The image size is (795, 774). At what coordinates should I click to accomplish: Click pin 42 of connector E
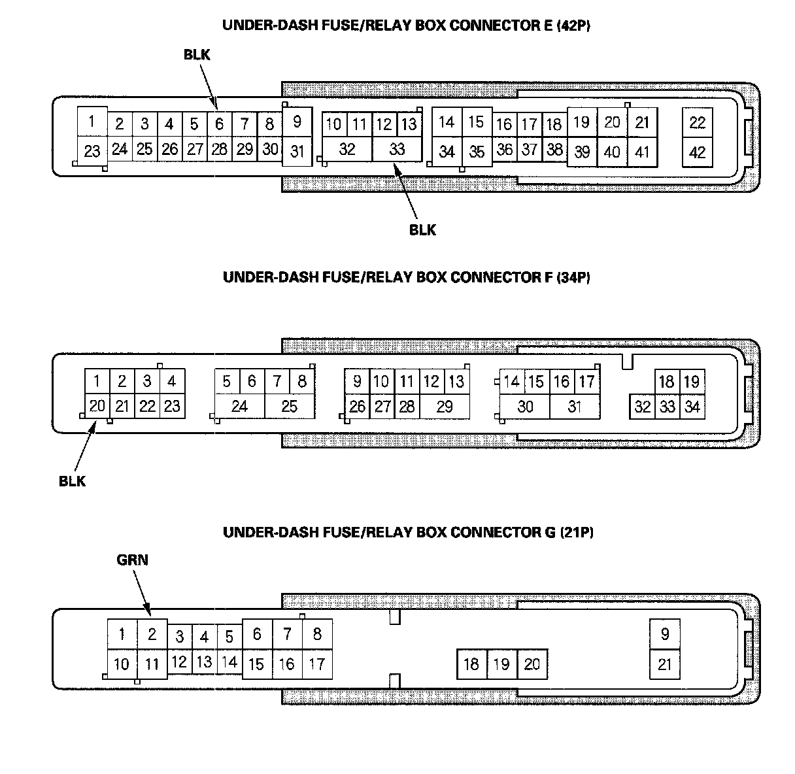698,152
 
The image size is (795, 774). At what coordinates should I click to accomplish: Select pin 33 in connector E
397,149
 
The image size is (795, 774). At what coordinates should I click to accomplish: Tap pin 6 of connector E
220,124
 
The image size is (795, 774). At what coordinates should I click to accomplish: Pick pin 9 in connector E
297,122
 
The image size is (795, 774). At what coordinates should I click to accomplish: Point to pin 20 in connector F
97,406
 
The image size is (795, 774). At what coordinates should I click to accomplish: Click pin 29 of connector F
445,407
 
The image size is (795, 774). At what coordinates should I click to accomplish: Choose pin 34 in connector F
692,407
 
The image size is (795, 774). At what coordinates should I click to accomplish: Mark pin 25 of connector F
290,407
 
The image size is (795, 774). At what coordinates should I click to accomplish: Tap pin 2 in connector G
152,633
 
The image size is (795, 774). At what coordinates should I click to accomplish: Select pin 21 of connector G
665,664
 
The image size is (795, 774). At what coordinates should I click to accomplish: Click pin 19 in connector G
501,664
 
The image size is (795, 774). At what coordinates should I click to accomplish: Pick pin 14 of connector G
229,662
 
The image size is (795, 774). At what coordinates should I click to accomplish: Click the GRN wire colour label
133,560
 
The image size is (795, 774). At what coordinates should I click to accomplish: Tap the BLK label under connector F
72,481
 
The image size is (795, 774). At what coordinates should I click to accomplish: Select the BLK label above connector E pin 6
197,55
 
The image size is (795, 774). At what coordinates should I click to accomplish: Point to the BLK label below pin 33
422,229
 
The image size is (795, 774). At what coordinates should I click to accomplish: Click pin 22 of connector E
698,122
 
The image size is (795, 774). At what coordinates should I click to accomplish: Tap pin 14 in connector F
511,381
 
